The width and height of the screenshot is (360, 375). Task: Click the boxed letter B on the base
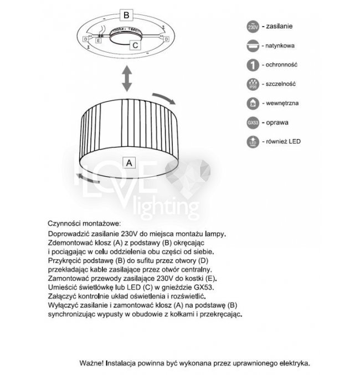pyautogui.click(x=127, y=15)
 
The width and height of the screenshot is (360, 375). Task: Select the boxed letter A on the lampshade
pyautogui.click(x=128, y=162)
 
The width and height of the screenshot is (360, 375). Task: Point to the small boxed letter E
pyautogui.click(x=99, y=40)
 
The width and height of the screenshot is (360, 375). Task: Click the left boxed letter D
pyautogui.click(x=86, y=39)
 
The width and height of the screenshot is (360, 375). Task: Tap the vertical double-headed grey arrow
pyautogui.click(x=127, y=79)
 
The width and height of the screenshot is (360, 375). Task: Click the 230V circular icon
pyautogui.click(x=253, y=27)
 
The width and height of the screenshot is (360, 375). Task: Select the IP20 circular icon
pyautogui.click(x=253, y=84)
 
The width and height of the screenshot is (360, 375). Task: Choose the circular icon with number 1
pyautogui.click(x=253, y=65)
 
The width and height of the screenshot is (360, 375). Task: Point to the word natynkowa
pyautogui.click(x=281, y=45)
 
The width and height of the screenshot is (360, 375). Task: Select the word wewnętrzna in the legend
pyautogui.click(x=282, y=103)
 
